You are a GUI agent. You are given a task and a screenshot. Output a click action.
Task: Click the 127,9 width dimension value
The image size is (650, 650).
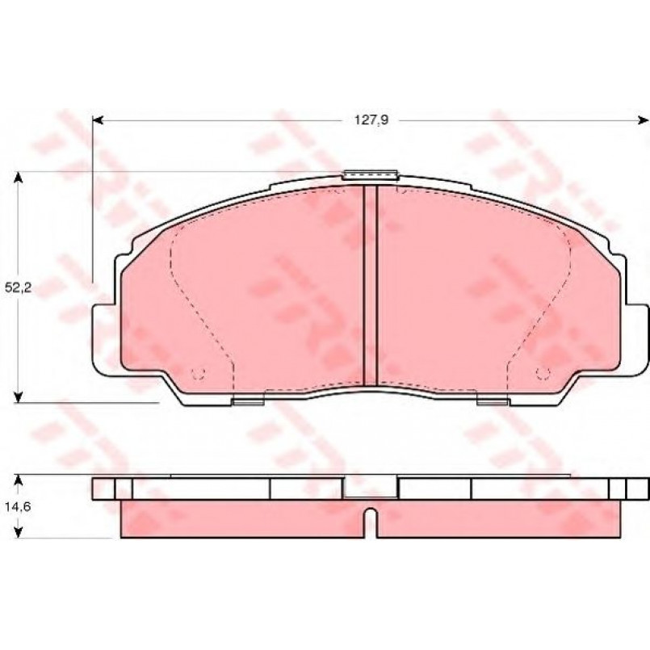click(371, 120)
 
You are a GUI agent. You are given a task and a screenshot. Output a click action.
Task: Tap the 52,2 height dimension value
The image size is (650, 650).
click(19, 287)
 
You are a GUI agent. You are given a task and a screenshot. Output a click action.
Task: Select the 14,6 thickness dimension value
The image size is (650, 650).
click(18, 506)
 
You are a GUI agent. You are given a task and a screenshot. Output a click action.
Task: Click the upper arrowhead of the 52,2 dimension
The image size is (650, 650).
click(18, 178)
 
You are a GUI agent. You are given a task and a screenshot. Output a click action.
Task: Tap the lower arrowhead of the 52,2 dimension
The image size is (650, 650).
click(18, 396)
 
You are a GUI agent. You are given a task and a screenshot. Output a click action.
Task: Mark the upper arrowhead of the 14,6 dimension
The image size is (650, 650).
click(18, 481)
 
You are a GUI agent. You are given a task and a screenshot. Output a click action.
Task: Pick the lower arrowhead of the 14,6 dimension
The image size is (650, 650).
click(18, 532)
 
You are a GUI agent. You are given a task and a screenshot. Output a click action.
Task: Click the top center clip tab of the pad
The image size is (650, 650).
click(370, 174)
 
